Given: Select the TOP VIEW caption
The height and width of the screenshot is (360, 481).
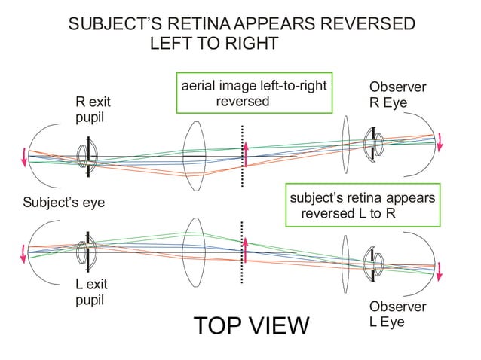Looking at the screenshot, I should [x=251, y=326].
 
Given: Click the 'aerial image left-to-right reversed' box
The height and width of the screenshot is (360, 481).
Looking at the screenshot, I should [x=254, y=93].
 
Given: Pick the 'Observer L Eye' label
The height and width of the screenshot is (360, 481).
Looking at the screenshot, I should [x=397, y=315].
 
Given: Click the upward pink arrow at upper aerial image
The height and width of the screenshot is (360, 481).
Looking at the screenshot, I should [x=245, y=153].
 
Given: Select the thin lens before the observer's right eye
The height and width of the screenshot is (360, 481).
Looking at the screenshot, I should [x=346, y=143].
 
